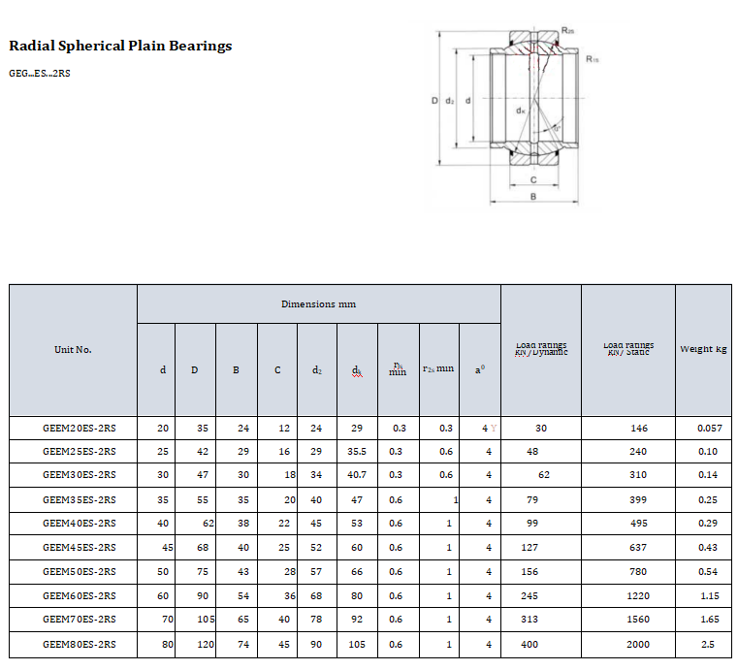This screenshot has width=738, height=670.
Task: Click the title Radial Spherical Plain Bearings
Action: pyautogui.click(x=120, y=46)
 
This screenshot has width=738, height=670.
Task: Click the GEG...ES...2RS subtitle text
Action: pyautogui.click(x=39, y=74)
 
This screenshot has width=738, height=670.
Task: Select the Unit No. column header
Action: pyautogui.click(x=73, y=349)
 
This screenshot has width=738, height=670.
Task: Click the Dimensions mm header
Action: pyautogui.click(x=318, y=303)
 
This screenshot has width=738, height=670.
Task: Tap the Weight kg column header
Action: pyautogui.click(x=703, y=349)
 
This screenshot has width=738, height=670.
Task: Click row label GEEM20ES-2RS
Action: pyautogui.click(x=79, y=428)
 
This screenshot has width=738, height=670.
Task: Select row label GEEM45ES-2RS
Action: pyautogui.click(x=79, y=548)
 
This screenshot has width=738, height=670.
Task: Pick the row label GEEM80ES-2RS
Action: pyautogui.click(x=79, y=644)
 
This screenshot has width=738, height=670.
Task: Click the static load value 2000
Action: pyautogui.click(x=638, y=644)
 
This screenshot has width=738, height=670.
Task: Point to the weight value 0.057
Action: pyautogui.click(x=709, y=428)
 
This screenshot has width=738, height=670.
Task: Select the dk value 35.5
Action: pyautogui.click(x=357, y=452)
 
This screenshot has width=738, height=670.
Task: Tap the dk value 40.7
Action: pyautogui.click(x=357, y=475)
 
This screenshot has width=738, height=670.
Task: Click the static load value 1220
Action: pyautogui.click(x=638, y=596)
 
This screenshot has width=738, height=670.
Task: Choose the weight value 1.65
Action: pyautogui.click(x=709, y=620)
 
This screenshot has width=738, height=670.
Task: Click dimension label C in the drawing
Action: pyautogui.click(x=533, y=179)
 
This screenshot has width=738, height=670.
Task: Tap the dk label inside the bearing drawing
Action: pyautogui.click(x=521, y=111)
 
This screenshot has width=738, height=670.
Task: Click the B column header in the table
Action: pyautogui.click(x=236, y=370)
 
